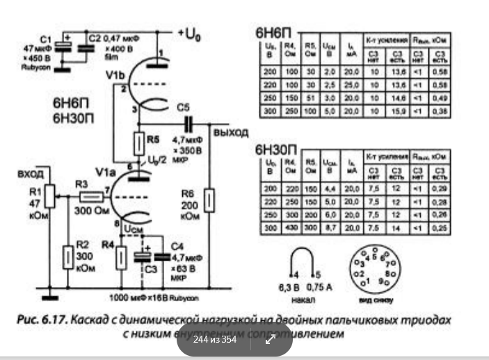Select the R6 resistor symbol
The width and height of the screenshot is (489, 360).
click(x=210, y=199)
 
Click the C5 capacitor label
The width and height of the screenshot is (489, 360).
click(x=183, y=108)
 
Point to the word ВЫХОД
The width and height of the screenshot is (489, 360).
click(x=232, y=133)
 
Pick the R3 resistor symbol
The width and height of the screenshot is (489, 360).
click(x=81, y=195)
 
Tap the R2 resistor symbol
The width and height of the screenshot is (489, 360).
click(x=68, y=255)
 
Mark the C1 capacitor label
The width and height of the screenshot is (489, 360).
click(x=47, y=38)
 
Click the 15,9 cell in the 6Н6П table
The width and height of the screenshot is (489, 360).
click(x=399, y=113)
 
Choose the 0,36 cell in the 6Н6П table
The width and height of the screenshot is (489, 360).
click(x=438, y=113)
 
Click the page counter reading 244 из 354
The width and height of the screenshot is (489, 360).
click(x=215, y=339)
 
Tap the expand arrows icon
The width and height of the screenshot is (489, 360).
click(x=268, y=339)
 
